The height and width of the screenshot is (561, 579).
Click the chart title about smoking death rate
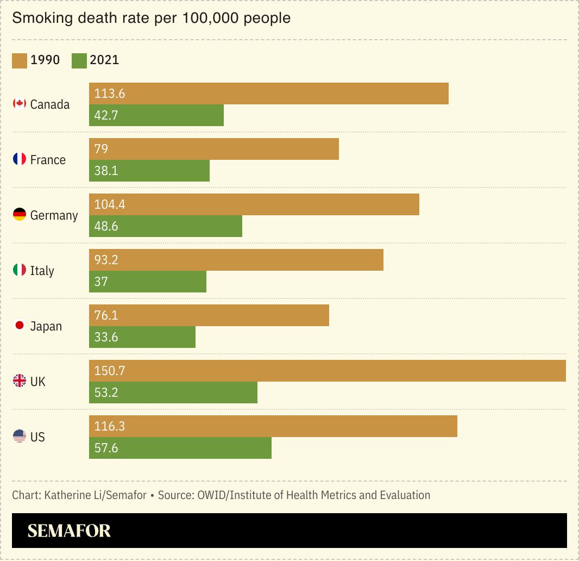(x=151, y=18)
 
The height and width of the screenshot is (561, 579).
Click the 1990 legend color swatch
(x=20, y=60)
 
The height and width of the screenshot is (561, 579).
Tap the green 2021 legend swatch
(x=79, y=60)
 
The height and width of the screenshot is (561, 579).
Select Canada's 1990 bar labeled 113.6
(x=268, y=93)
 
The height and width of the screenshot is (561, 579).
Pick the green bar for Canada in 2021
(x=156, y=115)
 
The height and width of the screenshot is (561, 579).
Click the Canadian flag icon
(x=20, y=104)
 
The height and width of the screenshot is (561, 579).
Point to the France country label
(x=48, y=160)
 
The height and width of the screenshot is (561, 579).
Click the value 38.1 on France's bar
(x=106, y=171)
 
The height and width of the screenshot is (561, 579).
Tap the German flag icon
(x=20, y=215)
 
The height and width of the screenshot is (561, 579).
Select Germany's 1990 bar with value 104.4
(x=254, y=204)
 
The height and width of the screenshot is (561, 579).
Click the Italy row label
(x=42, y=271)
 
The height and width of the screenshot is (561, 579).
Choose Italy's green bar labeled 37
(x=148, y=282)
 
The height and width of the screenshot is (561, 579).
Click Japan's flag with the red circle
(x=20, y=326)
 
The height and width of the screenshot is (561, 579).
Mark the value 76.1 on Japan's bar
(x=106, y=315)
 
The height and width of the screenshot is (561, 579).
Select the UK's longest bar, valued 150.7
(x=327, y=371)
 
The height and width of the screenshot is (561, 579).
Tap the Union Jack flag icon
(x=20, y=381)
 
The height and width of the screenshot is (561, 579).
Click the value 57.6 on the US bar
(x=106, y=448)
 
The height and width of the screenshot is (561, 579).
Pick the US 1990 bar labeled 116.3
(x=273, y=426)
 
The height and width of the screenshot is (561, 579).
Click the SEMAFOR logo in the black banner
(x=69, y=531)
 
